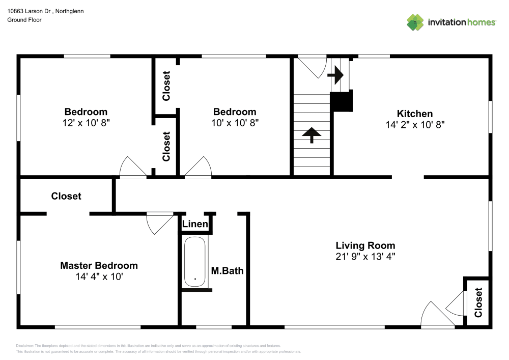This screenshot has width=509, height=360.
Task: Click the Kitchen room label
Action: (414, 114)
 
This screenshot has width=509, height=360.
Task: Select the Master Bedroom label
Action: (99, 265)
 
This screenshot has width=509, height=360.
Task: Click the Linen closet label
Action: (195, 224)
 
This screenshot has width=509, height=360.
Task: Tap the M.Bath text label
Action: (227, 271)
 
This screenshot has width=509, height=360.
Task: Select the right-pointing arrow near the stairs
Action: (336, 76)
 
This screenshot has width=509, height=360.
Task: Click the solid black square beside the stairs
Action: (342, 101)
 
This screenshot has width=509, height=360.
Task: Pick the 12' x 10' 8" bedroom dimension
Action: (86, 123)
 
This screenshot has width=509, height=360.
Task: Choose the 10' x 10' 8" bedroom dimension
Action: (234, 123)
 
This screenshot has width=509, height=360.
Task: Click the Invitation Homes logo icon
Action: (415, 22)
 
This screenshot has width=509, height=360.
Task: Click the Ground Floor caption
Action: (24, 20)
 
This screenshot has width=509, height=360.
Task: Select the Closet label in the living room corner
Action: (478, 302)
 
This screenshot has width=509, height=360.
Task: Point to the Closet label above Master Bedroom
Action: (66, 196)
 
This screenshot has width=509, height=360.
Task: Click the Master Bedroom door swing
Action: (159, 223)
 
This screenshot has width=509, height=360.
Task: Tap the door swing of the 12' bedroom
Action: (132, 168)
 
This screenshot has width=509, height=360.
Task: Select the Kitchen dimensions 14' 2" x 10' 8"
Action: (415, 125)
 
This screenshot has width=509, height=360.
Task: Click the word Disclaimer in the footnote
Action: (25, 346)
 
